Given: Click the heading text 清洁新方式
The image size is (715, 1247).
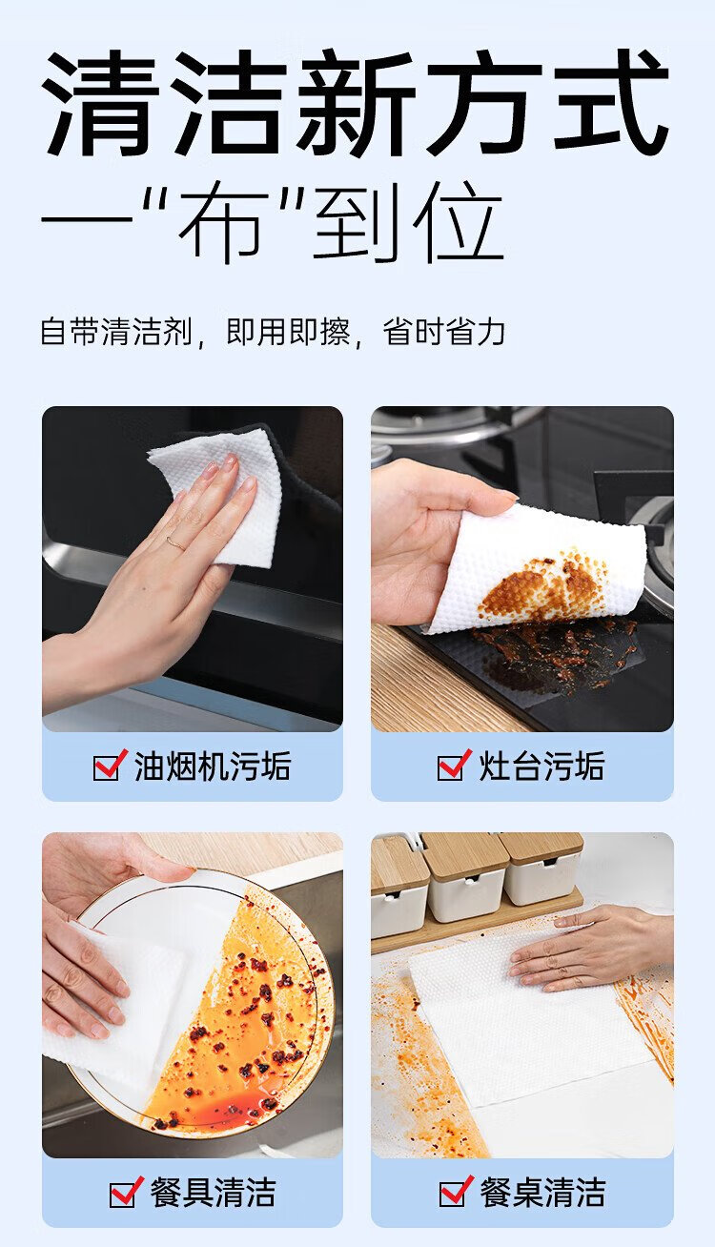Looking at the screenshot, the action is pyautogui.click(x=356, y=102).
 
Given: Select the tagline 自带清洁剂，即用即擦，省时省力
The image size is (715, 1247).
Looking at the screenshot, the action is pyautogui.click(x=273, y=332).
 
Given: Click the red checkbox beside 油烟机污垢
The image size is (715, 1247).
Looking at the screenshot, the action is pyautogui.click(x=109, y=765).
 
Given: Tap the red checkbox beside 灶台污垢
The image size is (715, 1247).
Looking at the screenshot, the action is pyautogui.click(x=454, y=765).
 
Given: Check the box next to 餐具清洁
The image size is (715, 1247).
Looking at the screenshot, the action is pyautogui.click(x=126, y=1192).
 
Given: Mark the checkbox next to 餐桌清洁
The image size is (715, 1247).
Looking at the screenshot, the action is pyautogui.click(x=456, y=1192).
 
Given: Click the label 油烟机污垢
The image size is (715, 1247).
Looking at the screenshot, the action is pyautogui.click(x=213, y=766).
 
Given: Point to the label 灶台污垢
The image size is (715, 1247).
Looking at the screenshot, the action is pyautogui.click(x=541, y=766).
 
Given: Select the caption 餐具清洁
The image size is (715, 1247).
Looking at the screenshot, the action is pyautogui.click(x=213, y=1193).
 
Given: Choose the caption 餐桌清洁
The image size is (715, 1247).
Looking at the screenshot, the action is pyautogui.click(x=542, y=1193).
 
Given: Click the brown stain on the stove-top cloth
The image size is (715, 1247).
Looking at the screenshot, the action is pyautogui.click(x=543, y=588).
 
